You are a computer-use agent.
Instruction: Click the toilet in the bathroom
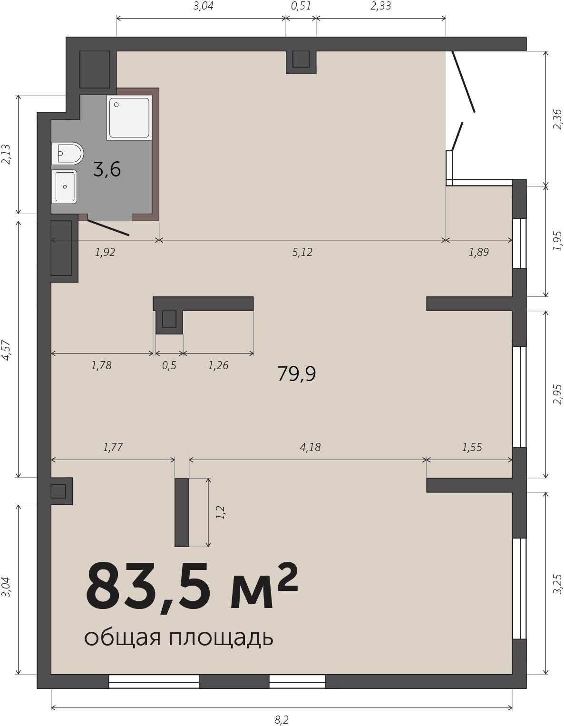pos(68,153)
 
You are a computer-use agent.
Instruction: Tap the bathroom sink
pos(64,186)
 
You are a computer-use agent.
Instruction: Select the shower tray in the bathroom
pos(129,118)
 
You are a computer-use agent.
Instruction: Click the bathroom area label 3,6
pos(107,169)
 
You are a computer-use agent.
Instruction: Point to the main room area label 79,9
pos(297,374)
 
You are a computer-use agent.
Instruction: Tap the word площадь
pos(221,638)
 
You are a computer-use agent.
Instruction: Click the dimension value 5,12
pos(302,252)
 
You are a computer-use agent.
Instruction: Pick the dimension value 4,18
pos(310,447)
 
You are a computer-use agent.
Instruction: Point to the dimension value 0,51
pos(301,6)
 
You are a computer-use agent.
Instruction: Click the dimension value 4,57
pos(6,351)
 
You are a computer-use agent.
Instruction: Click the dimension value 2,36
pos(557,119)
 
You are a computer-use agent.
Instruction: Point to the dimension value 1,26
pos(218,365)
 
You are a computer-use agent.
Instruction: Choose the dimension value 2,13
pos(6,154)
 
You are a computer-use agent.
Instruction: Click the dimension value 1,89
pos(479,252)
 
